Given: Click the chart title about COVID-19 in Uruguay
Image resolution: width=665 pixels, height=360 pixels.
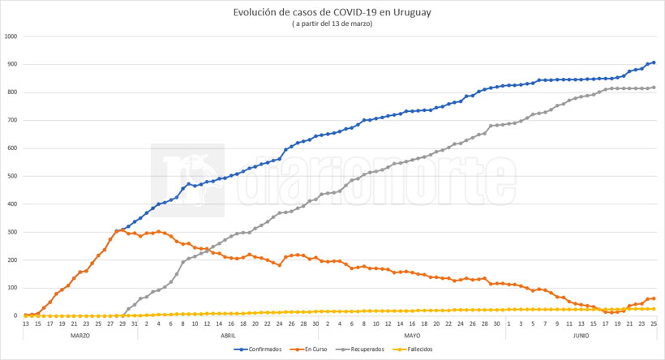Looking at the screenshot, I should pyautogui.click(x=332, y=13).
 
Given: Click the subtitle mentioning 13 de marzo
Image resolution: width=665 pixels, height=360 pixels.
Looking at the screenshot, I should pyautogui.click(x=332, y=24).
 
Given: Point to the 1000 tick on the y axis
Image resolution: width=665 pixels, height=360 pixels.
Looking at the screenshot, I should pyautogui.click(x=11, y=36).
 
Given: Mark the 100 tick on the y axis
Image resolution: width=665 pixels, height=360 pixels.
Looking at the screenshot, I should pyautogui.click(x=12, y=288).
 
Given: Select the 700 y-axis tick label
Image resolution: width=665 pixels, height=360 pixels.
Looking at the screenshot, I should pyautogui.click(x=12, y=120).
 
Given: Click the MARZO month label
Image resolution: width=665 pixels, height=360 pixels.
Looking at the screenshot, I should pyautogui.click(x=79, y=334).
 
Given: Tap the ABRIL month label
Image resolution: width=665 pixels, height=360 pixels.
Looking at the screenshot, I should pyautogui.click(x=228, y=334).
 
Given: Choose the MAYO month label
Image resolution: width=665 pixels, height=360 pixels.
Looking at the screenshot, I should pyautogui.click(x=411, y=334).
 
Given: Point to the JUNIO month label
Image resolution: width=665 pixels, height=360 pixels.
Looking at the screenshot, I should pyautogui.click(x=581, y=334).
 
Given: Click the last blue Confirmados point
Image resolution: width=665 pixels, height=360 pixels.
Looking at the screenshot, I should pyautogui.click(x=654, y=62).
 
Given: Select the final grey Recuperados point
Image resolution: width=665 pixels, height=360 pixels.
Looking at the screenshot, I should pyautogui.click(x=654, y=88).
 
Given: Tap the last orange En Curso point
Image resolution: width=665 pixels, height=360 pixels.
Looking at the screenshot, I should pyautogui.click(x=654, y=298).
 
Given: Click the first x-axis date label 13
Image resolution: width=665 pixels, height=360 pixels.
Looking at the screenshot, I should pyautogui.click(x=26, y=324).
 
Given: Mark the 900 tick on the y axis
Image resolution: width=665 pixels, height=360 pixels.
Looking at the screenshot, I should pyautogui.click(x=12, y=65).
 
